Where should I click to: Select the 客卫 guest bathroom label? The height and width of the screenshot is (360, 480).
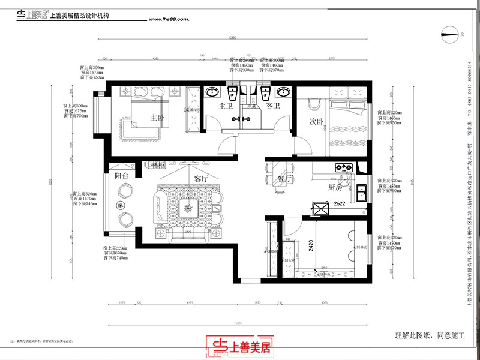pos(274,106)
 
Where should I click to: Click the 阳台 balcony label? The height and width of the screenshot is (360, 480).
pos(121,176)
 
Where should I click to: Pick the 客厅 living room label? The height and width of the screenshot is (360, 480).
pos(201,179)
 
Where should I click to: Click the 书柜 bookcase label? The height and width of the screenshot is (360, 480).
pos(158,164)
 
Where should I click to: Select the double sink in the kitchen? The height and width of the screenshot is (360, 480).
pos(362,193)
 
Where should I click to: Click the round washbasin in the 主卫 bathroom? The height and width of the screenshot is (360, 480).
pos(212,92)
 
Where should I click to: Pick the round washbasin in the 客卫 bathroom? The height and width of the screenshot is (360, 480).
pos(283,92)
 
